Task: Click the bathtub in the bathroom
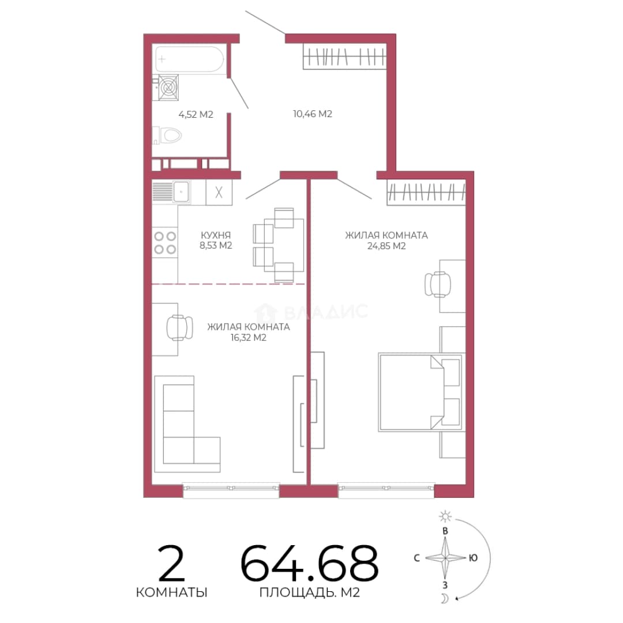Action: pos(190,59)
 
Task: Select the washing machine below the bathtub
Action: pos(168,88)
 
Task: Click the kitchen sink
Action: pos(182,192)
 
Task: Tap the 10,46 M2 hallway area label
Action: pos(313,114)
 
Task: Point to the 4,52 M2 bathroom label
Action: pos(196,114)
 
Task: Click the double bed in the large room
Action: pos(421,392)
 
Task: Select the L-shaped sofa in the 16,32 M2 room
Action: pos(187,425)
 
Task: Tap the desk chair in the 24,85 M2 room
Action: pos(437,284)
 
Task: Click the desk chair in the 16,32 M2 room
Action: pos(179,328)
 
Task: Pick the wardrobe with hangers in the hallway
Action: pos(344,56)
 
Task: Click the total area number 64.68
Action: pos(309,563)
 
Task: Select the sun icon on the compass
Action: pos(445,516)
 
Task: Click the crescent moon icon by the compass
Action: pos(445,598)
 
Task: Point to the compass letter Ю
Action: pos(473,558)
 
